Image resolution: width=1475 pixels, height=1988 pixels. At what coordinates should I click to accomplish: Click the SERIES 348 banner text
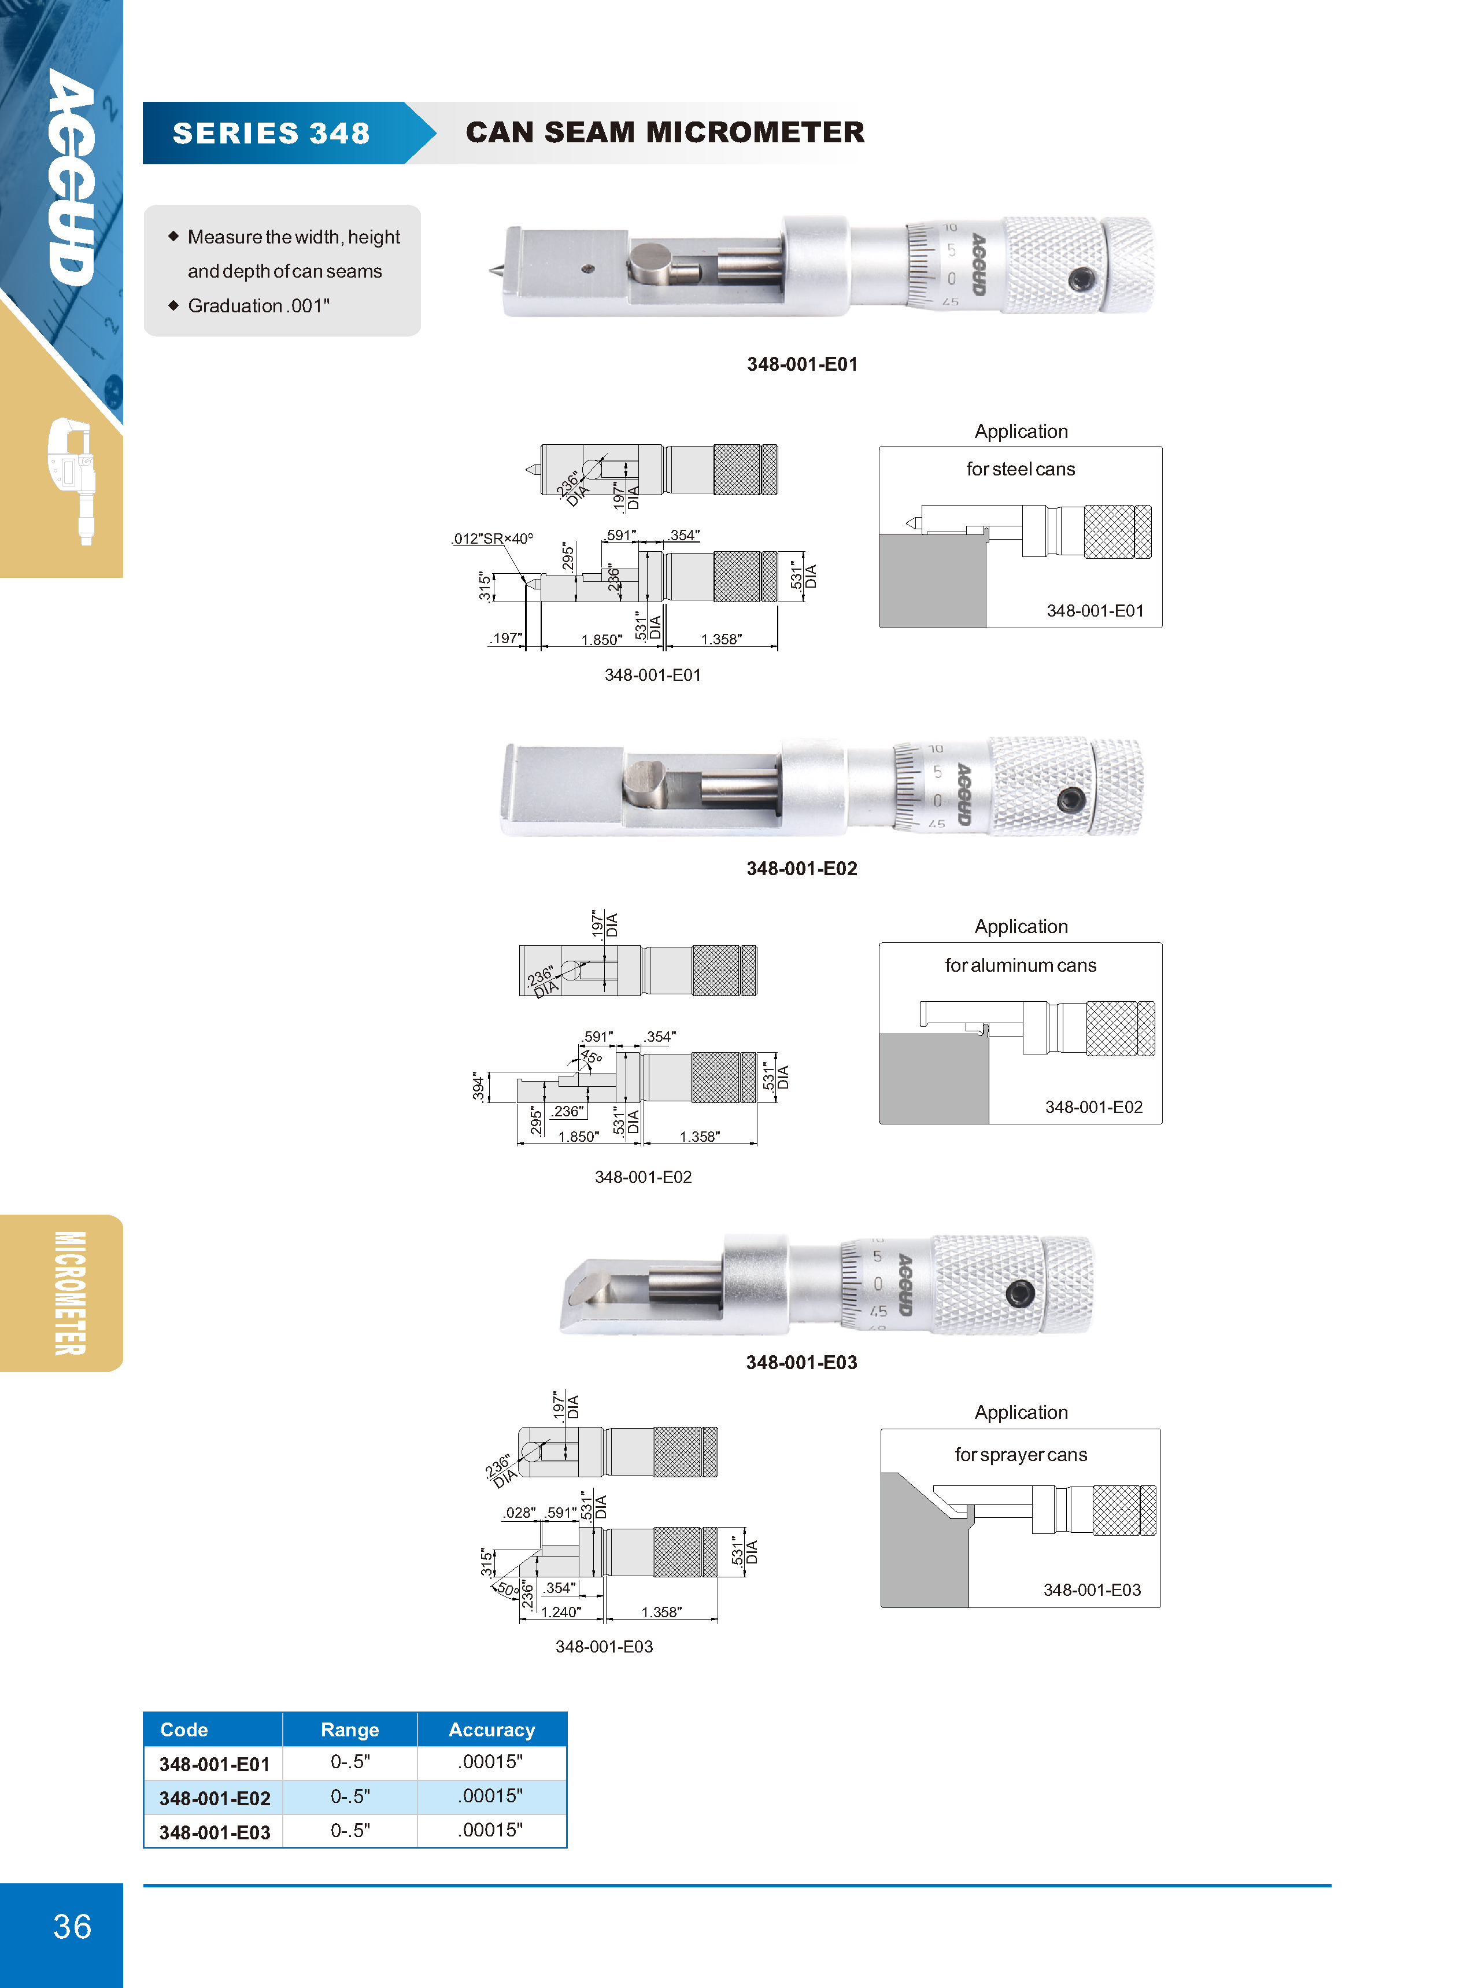[x=271, y=133]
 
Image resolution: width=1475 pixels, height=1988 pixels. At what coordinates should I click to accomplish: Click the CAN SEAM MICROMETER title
[x=665, y=132]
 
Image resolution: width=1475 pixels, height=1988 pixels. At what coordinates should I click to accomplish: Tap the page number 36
[x=72, y=1926]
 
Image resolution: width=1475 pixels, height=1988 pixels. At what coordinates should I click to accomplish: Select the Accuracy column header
[x=492, y=1730]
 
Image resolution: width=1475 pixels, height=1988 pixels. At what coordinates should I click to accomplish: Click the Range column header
[x=350, y=1730]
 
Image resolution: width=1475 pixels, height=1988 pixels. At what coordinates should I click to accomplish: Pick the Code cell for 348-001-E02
[x=215, y=1798]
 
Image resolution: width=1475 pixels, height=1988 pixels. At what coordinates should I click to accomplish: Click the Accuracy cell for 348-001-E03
[x=490, y=1830]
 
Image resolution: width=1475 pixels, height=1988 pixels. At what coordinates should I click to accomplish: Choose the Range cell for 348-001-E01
[x=350, y=1762]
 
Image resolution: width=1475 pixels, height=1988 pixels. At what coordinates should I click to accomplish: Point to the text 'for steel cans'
[x=1021, y=469]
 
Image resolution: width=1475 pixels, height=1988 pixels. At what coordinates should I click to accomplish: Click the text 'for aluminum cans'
[x=1021, y=965]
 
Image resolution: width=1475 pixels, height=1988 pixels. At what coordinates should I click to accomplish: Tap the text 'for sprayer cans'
[x=1021, y=1455]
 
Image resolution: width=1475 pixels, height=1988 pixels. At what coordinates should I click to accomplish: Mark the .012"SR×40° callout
[x=492, y=539]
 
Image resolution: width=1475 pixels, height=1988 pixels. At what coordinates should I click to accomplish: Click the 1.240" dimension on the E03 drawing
[x=561, y=1612]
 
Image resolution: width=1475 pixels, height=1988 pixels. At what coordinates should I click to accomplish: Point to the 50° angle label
[x=507, y=1589]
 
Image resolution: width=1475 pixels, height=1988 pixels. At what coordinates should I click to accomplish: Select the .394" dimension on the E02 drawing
[x=478, y=1087]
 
